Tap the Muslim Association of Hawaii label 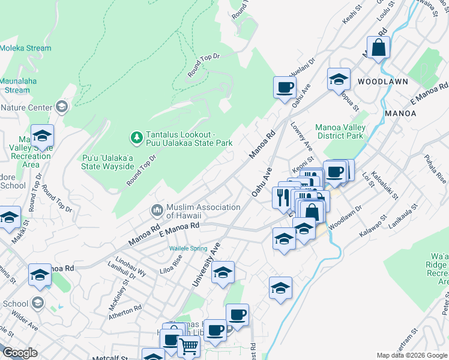[x=195, y=211]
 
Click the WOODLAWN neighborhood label [x=383, y=81]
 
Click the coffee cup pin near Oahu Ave [x=285, y=88]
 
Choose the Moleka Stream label [x=26, y=48]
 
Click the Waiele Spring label [x=188, y=248]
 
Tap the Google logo [x=20, y=353]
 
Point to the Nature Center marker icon [x=61, y=107]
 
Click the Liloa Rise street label [x=170, y=262]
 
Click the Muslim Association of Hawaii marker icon [x=157, y=211]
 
